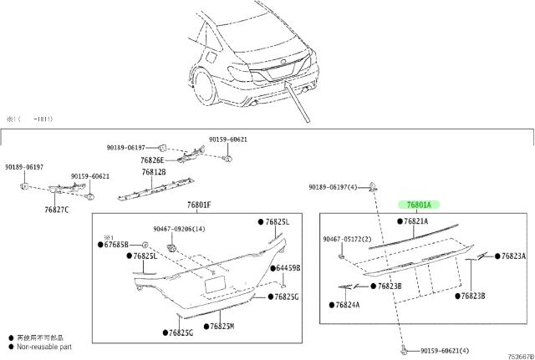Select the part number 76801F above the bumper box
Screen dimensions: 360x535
click(198, 205)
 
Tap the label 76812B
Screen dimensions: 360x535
click(153, 172)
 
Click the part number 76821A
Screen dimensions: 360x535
click(415, 221)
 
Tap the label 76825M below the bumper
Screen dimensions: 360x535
click(222, 327)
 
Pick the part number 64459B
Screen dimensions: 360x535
click(288, 268)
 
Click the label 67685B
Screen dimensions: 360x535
click(115, 245)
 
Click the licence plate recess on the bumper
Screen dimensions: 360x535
click(214, 284)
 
